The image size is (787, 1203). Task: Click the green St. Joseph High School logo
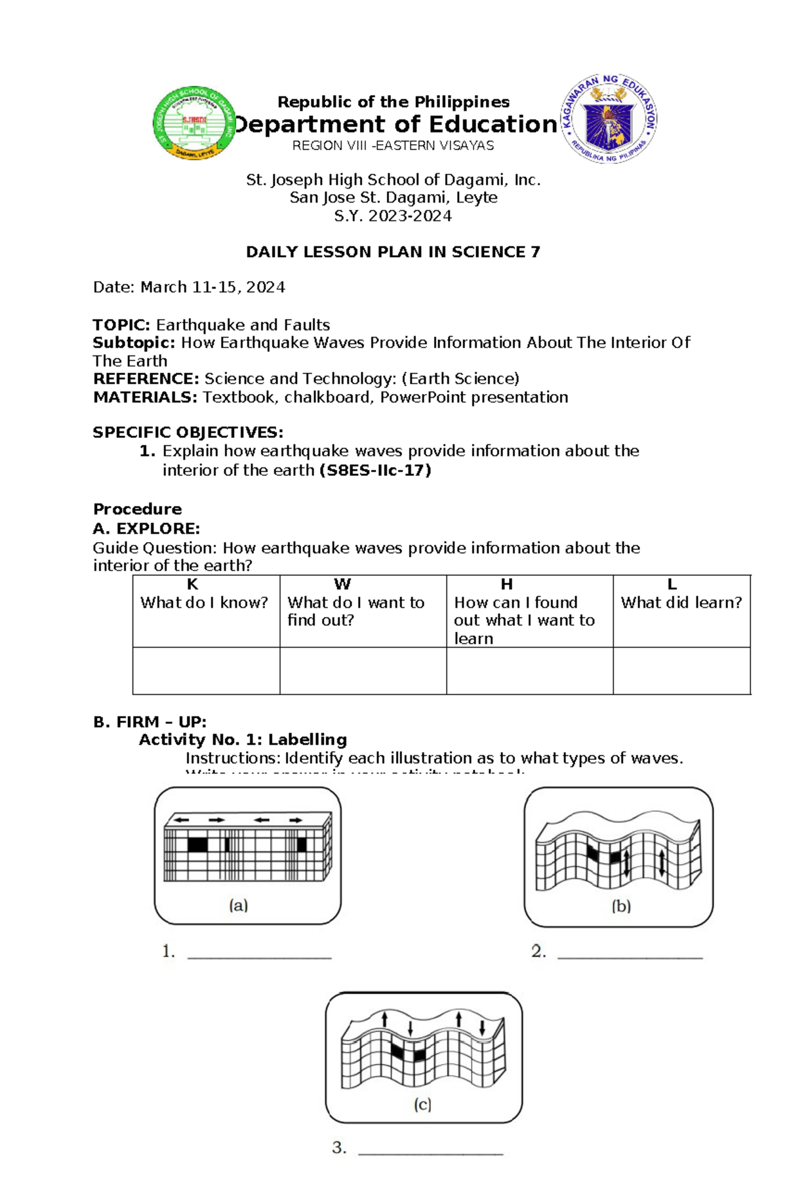[x=194, y=123]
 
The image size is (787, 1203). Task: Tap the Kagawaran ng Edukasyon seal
[x=609, y=119]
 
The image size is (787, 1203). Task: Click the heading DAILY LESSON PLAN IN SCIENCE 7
[x=393, y=252]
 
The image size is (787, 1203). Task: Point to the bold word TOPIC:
[x=122, y=325]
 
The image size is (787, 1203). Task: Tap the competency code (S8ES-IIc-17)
[x=374, y=470]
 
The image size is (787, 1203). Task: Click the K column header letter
[x=192, y=584]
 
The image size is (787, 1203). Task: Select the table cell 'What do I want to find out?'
[x=356, y=611]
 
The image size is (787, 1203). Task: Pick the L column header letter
[x=672, y=584]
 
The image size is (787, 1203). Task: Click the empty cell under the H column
[x=529, y=671]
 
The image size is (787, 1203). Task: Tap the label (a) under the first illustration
[x=238, y=905]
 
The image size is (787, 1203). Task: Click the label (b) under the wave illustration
[x=621, y=906]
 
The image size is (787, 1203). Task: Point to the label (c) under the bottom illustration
[x=422, y=1105]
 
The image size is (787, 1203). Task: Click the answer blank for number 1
[x=260, y=954]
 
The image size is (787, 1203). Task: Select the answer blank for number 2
[x=630, y=954]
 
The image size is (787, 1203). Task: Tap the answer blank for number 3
[x=430, y=1150]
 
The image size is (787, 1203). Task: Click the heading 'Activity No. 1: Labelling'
[x=243, y=740]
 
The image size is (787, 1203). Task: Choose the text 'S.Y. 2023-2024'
[x=393, y=216]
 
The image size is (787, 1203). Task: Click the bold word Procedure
[x=137, y=509]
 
